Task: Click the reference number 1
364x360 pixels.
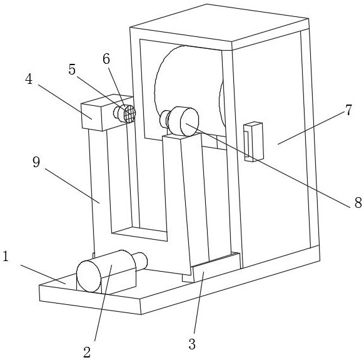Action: coord(5,256)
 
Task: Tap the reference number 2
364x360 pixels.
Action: coord(87,352)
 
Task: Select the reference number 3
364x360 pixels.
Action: coord(192,344)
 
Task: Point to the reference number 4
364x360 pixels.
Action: coord(29,80)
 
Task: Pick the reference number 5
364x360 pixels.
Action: coord(72,69)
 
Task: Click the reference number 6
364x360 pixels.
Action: coord(106,59)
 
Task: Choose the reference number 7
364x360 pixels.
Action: coord(348,110)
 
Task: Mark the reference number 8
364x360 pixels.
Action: coord(358,202)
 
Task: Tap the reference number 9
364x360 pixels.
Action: coord(36,162)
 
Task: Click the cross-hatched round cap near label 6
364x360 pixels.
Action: coord(129,114)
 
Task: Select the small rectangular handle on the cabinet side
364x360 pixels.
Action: coord(253,141)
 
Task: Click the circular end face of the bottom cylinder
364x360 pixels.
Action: coord(89,276)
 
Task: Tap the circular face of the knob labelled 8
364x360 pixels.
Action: coord(190,122)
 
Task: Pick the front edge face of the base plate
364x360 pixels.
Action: coord(90,300)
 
